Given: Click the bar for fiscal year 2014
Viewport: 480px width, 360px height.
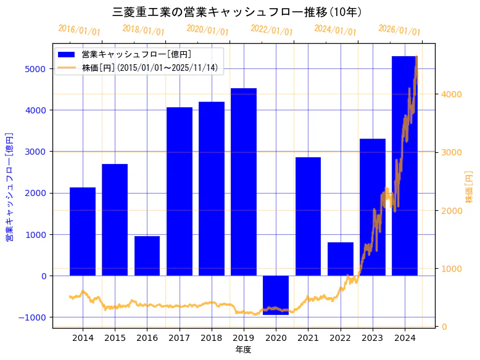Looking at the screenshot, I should coord(83,231).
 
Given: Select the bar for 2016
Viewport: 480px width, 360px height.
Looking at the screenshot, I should coord(147,256).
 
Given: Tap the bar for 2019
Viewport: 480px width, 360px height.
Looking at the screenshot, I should coord(244,182).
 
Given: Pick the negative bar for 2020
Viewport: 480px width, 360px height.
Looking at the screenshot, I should coord(276,295).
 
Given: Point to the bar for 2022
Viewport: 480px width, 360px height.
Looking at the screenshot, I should coord(340,259).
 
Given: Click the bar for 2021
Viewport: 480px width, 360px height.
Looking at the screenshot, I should coord(308,216).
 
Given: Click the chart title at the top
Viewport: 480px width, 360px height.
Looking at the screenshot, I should coord(238,12).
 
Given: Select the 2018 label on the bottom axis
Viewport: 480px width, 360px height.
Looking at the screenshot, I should coord(212,338).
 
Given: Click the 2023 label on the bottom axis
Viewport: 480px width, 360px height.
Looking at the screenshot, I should coord(372,338).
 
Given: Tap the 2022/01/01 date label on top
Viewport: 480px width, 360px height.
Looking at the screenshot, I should coord(271,30).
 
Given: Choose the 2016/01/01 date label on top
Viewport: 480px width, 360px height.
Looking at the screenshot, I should coord(79,30).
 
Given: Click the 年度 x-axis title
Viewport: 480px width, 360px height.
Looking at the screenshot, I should coord(243,350).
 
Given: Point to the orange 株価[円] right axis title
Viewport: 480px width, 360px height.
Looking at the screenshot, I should coord(469,188).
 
